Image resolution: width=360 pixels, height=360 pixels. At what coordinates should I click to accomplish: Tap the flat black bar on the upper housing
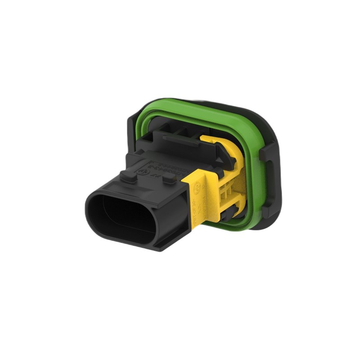(180, 139)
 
